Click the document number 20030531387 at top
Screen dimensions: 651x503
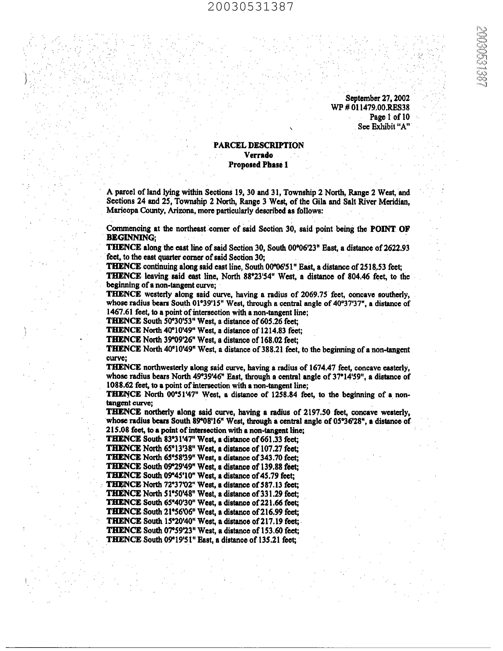pyautogui.click(x=251, y=7)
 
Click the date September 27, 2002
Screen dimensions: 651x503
pyautogui.click(x=377, y=98)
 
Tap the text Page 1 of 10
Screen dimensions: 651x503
pyautogui.click(x=390, y=117)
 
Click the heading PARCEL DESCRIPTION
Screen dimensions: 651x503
pyautogui.click(x=259, y=145)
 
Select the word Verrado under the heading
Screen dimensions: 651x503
pyautogui.click(x=258, y=155)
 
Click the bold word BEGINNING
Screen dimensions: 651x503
pyautogui.click(x=130, y=238)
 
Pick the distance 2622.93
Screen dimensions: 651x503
pyautogui.click(x=397, y=248)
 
